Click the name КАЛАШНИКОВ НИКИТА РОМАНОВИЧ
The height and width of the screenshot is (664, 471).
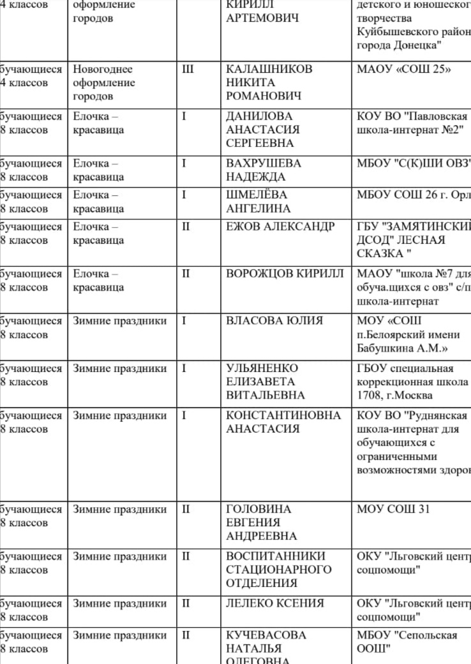pos(269,82)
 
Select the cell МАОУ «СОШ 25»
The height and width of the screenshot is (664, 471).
pos(404,69)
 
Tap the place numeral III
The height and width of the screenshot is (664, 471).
pos(188,69)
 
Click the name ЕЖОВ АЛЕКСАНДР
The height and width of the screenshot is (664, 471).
pos(280,226)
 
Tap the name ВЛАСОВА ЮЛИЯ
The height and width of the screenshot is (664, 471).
pos(274,321)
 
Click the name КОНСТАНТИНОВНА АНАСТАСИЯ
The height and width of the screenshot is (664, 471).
pos(283,422)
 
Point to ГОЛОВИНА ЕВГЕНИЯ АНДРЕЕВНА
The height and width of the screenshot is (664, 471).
pos(262,522)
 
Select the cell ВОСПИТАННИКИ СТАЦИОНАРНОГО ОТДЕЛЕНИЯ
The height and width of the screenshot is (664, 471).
pos(279,570)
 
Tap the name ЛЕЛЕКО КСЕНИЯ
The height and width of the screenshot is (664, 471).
pos(275,603)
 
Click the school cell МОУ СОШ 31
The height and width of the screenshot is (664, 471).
pos(394,509)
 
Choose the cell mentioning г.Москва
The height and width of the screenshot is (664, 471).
pos(413,381)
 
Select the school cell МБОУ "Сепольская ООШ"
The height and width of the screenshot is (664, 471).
pos(407,642)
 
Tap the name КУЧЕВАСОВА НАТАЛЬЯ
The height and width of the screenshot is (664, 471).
pos(266,642)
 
